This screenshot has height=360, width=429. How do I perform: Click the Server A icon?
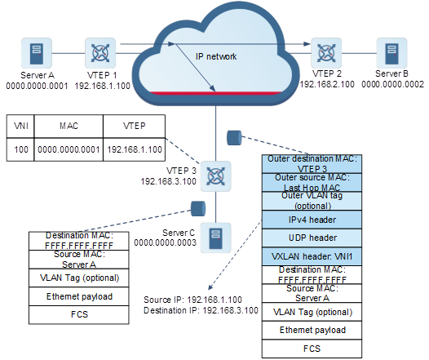click(x=37, y=53)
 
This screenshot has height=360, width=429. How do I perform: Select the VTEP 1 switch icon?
click(x=100, y=53)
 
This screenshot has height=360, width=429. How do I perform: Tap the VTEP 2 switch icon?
click(x=326, y=53)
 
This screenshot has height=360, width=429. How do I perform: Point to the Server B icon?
click(x=391, y=53)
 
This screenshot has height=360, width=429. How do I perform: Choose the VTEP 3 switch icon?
click(x=216, y=176)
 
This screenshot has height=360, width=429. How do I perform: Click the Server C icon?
click(x=216, y=238)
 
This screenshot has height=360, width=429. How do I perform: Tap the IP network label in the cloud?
click(x=216, y=56)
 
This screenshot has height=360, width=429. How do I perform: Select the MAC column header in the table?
click(x=69, y=126)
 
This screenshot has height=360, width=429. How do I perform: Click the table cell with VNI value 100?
click(x=20, y=149)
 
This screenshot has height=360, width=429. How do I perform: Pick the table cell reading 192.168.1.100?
click(x=135, y=149)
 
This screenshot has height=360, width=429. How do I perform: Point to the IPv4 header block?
click(x=312, y=220)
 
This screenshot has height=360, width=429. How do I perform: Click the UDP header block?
click(x=312, y=238)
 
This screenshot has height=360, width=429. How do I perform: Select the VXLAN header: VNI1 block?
click(x=312, y=256)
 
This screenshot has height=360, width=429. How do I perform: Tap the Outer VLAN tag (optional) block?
click(x=312, y=201)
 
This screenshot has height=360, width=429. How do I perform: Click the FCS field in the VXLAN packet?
click(x=312, y=349)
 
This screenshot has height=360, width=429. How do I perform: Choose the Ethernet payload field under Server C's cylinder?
click(x=79, y=296)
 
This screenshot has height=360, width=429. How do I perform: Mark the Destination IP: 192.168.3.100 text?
click(x=201, y=310)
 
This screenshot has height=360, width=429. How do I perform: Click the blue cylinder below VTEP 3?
click(x=198, y=209)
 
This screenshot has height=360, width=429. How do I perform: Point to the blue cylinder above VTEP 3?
click(x=234, y=138)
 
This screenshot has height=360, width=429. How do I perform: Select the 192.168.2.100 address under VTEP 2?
click(x=327, y=84)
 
